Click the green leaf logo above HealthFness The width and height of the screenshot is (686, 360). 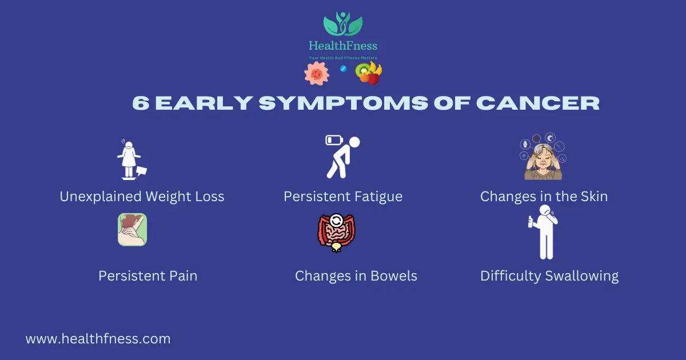(343, 24)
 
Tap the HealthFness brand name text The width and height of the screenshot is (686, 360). (343, 46)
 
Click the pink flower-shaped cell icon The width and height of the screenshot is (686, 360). (317, 74)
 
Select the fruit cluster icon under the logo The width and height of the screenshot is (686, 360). (368, 73)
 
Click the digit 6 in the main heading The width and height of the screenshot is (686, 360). (141, 103)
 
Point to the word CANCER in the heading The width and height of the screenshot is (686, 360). (538, 103)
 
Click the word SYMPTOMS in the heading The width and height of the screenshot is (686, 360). (344, 103)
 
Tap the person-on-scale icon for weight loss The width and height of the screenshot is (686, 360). (131, 159)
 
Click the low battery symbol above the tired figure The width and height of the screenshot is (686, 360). (334, 140)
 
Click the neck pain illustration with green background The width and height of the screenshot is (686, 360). (132, 230)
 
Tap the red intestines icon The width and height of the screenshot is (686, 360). (336, 233)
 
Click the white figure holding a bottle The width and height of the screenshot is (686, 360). (544, 233)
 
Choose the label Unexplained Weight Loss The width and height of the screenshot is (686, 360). (142, 197)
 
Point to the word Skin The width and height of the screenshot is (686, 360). (593, 197)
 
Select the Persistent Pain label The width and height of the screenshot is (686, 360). (148, 276)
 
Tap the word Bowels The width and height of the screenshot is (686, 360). (394, 276)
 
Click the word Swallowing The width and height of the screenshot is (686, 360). (582, 277)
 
